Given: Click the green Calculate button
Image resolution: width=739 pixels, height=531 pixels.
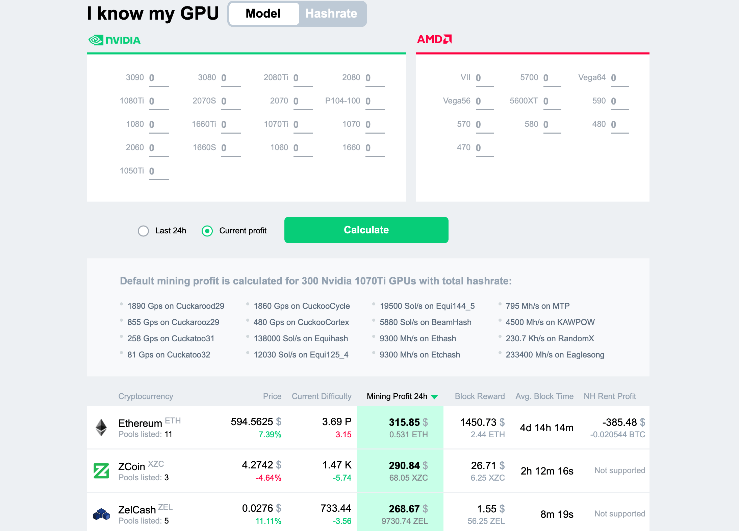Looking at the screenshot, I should click(x=366, y=230).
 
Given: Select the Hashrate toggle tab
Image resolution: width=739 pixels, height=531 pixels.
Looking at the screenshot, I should click(x=331, y=14).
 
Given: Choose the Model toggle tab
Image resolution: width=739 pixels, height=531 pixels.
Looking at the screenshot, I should click(x=263, y=14).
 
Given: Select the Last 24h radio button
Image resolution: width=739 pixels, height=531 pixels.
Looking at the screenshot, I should click(x=144, y=231).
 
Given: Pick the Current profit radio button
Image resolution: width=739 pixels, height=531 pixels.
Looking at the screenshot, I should click(x=207, y=231).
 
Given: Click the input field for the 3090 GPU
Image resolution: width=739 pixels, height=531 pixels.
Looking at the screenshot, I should click(x=158, y=78).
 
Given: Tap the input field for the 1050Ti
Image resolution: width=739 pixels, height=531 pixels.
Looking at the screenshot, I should click(x=158, y=171).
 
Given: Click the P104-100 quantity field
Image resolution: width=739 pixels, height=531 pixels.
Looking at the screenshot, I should click(x=375, y=101).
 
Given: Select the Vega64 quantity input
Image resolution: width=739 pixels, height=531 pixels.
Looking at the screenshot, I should click(x=619, y=78).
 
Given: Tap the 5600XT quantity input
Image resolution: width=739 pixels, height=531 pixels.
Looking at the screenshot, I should click(x=552, y=101).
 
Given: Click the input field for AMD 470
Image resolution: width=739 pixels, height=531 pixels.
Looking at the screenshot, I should click(x=484, y=148).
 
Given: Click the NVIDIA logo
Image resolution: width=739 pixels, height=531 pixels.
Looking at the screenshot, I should click(x=114, y=40).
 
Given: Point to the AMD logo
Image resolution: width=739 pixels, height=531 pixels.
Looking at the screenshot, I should click(x=434, y=39).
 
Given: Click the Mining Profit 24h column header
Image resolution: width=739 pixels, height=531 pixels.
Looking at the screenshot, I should click(x=397, y=396).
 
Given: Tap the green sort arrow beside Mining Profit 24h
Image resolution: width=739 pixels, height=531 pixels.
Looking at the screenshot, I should click(x=435, y=397).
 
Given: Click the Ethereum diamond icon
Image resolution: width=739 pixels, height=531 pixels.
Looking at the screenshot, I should click(x=101, y=428).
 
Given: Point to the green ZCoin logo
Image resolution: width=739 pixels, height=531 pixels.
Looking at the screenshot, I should click(x=101, y=471).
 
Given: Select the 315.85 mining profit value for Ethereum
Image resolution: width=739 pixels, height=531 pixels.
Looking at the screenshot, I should click(x=404, y=422).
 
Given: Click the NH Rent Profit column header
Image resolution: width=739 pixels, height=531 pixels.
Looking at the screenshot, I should click(x=610, y=396).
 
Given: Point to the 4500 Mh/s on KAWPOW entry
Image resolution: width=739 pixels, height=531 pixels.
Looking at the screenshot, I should click(x=550, y=322).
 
